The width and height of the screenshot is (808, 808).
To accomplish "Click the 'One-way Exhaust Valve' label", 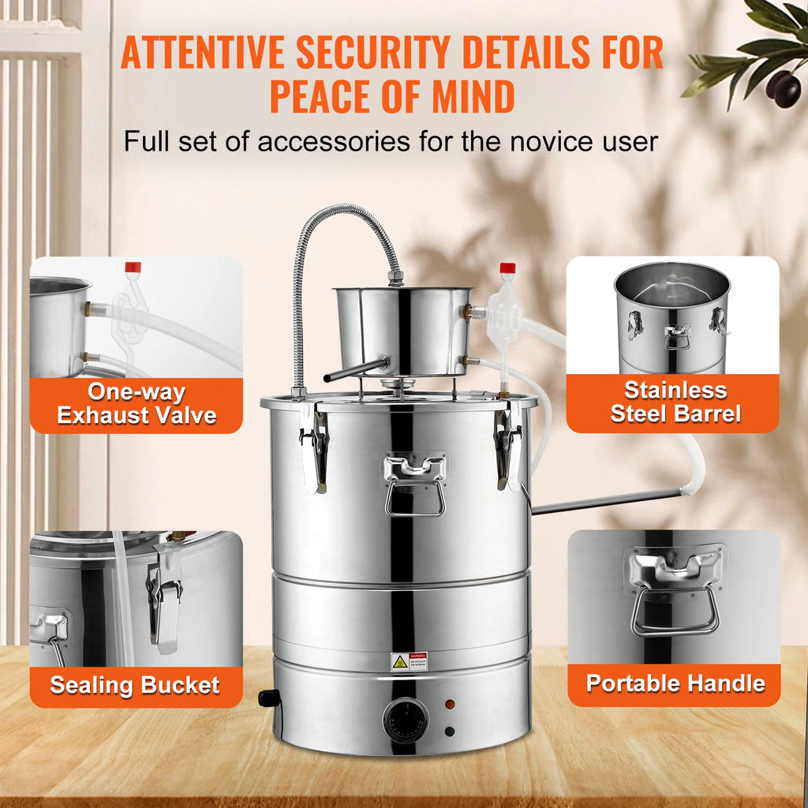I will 137,403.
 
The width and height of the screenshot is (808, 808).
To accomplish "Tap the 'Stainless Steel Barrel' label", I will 675,402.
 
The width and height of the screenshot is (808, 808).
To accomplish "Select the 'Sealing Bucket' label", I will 135,685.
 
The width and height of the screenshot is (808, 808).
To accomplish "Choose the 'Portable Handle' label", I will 675,683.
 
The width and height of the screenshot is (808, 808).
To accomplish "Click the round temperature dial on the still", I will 406,720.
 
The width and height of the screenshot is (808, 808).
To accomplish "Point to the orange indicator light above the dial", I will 449,703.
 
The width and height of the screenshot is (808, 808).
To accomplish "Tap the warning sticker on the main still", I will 409,662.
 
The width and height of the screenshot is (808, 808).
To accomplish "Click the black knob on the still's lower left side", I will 269,698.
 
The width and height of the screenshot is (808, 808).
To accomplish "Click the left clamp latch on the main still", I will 315,446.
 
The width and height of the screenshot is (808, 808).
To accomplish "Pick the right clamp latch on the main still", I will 507,446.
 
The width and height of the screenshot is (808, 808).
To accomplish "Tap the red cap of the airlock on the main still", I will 507,268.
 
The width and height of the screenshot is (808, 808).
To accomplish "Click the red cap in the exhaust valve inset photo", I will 133,267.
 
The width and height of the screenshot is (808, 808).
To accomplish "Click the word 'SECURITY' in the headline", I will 375,53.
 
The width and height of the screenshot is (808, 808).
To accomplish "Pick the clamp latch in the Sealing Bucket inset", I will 165,600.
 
